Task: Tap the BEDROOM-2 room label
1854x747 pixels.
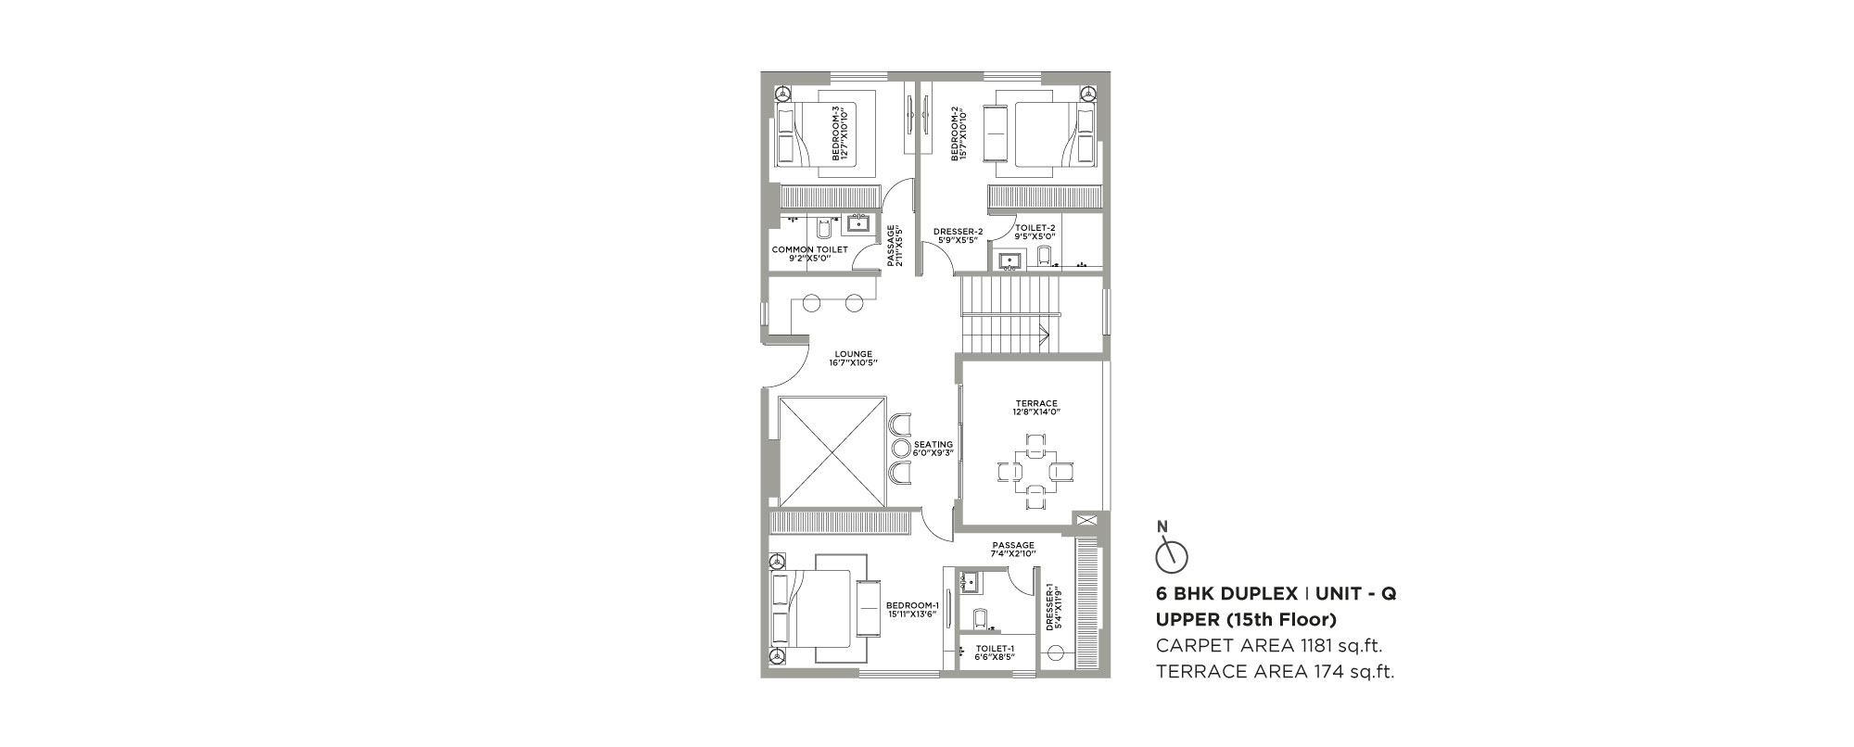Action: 959,133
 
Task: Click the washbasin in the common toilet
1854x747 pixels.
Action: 208,222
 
